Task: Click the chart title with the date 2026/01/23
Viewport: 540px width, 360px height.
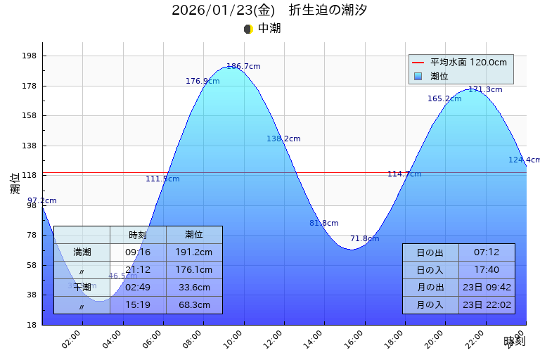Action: tap(269, 11)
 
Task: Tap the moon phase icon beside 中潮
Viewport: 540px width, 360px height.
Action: tap(248, 29)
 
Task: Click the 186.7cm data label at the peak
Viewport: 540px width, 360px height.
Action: tap(243, 66)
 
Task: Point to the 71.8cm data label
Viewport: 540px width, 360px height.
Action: tap(364, 239)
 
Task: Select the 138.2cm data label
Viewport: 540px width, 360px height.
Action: tap(283, 139)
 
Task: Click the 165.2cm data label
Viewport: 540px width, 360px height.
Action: tap(444, 99)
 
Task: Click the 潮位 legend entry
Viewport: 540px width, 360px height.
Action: tap(439, 76)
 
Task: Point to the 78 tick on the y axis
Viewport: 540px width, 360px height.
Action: tap(31, 235)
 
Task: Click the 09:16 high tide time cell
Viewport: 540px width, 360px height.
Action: tap(138, 252)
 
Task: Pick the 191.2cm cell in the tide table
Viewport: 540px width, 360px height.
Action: tap(194, 252)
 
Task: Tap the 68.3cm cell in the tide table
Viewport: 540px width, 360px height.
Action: tap(194, 305)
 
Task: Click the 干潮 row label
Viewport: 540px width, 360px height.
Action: tap(82, 288)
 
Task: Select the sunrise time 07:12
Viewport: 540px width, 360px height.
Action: tap(487, 252)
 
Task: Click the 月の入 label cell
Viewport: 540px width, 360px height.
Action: tap(430, 305)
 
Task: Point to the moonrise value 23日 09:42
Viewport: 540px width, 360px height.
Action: tap(487, 288)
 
